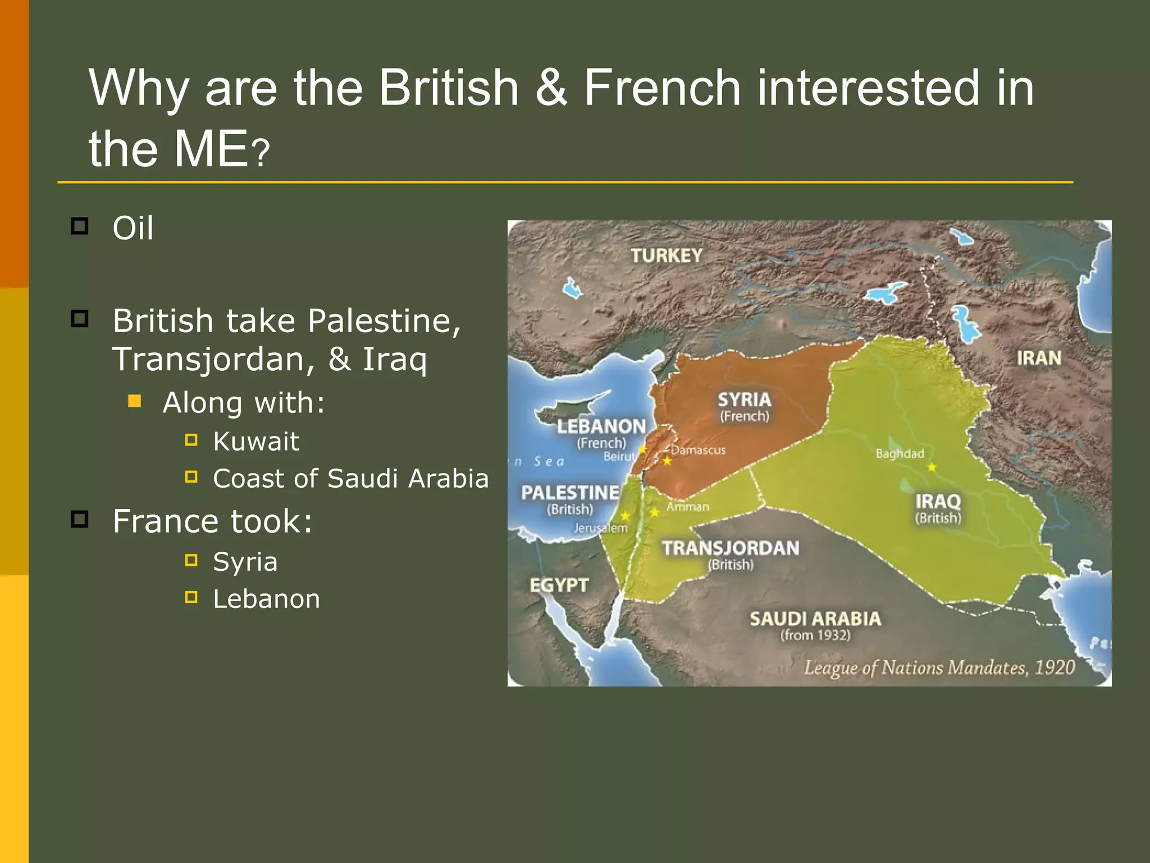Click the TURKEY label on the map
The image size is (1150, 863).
click(666, 256)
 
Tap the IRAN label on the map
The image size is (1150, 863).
click(1039, 358)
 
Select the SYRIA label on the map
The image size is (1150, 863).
click(745, 399)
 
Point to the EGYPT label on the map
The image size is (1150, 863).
click(559, 585)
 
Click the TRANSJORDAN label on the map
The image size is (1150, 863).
click(731, 548)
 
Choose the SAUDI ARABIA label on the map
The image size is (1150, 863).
click(815, 619)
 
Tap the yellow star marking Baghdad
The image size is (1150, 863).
click(932, 467)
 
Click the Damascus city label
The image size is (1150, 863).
click(698, 450)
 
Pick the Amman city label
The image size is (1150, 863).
click(688, 507)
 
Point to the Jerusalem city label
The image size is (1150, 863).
click(600, 528)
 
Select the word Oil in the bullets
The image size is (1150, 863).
click(133, 228)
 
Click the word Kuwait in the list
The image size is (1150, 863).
click(256, 441)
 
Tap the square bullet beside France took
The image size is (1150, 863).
click(80, 519)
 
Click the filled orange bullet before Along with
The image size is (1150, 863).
click(135, 401)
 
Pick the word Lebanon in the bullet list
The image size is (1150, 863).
click(267, 599)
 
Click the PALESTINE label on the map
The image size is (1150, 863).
click(570, 493)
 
